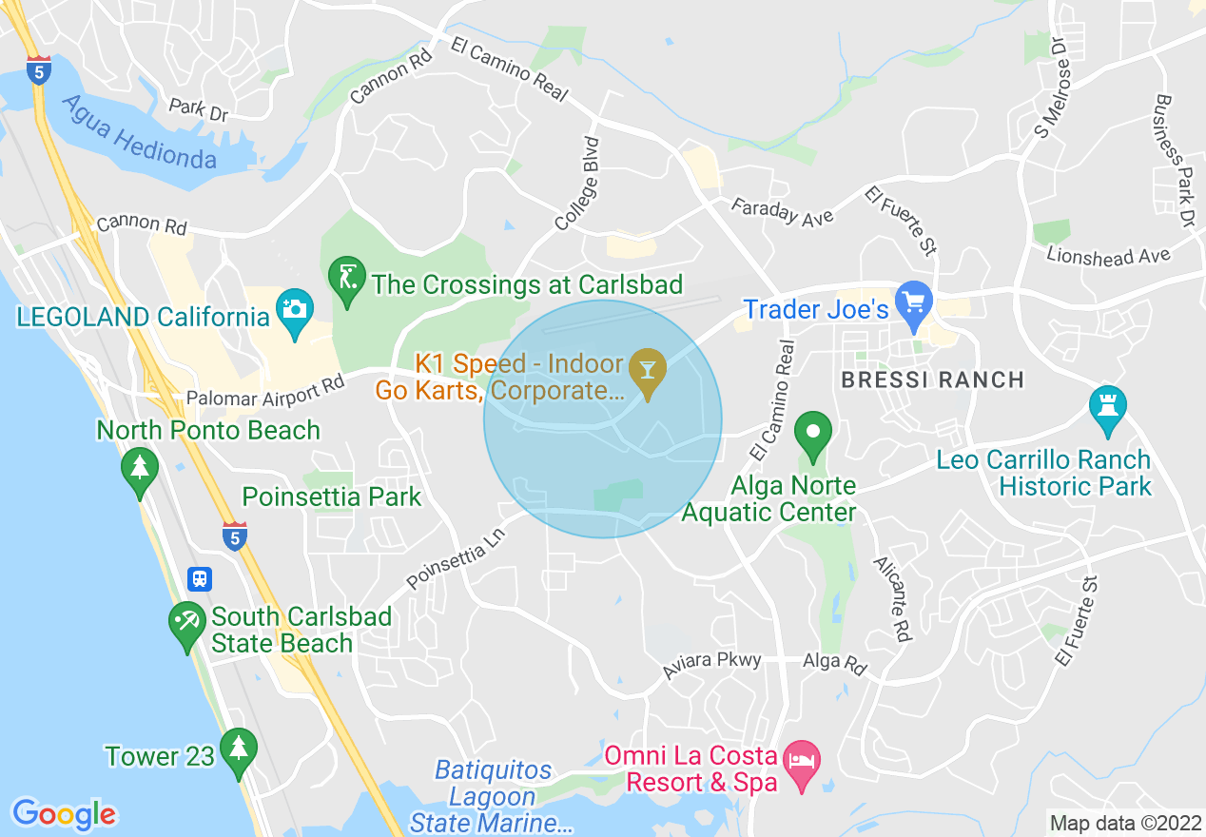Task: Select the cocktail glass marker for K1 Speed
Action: point(649,370)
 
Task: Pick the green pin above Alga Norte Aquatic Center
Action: point(813,434)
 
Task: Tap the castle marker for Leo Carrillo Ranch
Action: point(1108,407)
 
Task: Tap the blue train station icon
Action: point(201,578)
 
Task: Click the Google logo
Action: point(64,814)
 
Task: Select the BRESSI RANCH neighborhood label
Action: point(932,380)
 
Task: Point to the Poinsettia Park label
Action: point(331,496)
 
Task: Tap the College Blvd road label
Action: point(579,184)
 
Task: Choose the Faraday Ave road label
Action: point(782,211)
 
